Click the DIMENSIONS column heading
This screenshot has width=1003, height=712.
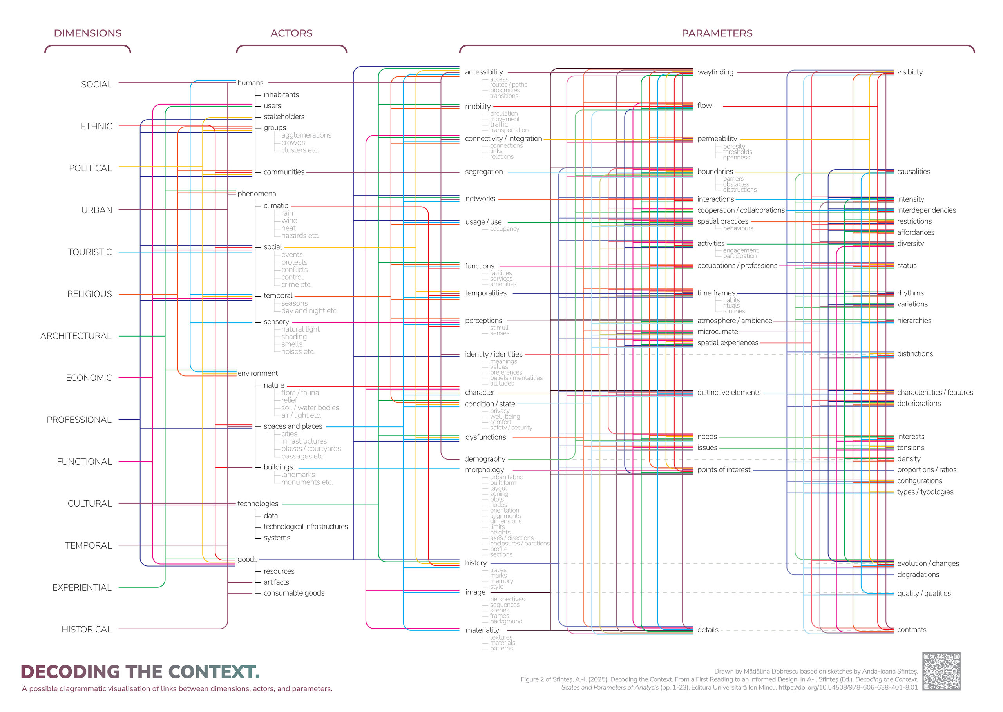pos(88,33)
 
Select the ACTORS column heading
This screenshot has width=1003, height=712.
pos(291,33)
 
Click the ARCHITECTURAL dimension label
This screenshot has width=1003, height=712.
pos(76,336)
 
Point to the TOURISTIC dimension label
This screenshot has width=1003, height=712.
pos(89,252)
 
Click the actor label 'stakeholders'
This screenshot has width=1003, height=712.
pos(284,117)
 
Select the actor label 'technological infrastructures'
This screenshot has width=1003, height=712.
pos(306,527)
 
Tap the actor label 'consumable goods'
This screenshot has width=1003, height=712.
pos(294,593)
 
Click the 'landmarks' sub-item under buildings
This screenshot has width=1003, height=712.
pos(298,475)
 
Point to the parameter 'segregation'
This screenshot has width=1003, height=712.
pos(483,172)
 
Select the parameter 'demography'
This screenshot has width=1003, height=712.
pos(485,459)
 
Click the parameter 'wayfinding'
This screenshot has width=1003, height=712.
pos(715,72)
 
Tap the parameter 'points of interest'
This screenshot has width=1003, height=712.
pos(724,470)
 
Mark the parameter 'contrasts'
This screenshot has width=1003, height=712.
pos(911,630)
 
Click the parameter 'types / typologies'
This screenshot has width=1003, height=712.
pos(925,492)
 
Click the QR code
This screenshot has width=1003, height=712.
pos(941,671)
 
